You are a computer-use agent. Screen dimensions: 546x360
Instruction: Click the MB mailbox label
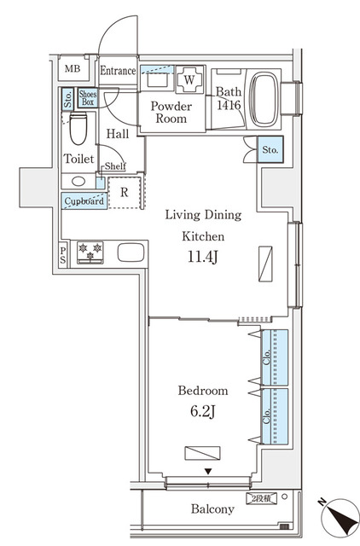(x=73, y=70)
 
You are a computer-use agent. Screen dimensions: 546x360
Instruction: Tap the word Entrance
(x=118, y=71)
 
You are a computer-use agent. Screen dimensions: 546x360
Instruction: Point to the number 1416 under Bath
(x=228, y=105)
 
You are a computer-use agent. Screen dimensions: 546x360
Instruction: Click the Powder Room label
(x=171, y=113)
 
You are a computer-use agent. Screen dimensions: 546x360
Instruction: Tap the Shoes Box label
(x=88, y=98)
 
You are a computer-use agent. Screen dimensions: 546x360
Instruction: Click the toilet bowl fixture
(x=79, y=131)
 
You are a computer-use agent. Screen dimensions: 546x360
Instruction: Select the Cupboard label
(x=84, y=201)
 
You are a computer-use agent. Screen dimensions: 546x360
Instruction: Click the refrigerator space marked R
(x=125, y=192)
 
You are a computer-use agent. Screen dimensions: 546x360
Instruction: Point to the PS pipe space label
(x=64, y=253)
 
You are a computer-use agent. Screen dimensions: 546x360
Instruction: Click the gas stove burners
(x=90, y=253)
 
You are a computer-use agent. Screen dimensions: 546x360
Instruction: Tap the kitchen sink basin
(x=131, y=253)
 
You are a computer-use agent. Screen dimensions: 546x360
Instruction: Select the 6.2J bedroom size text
(x=202, y=411)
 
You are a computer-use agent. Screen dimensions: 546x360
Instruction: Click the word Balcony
(x=212, y=509)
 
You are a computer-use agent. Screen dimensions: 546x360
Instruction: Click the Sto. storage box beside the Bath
(x=270, y=151)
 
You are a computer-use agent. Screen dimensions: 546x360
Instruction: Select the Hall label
(x=118, y=133)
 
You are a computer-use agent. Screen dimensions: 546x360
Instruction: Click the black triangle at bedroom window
(x=207, y=471)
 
